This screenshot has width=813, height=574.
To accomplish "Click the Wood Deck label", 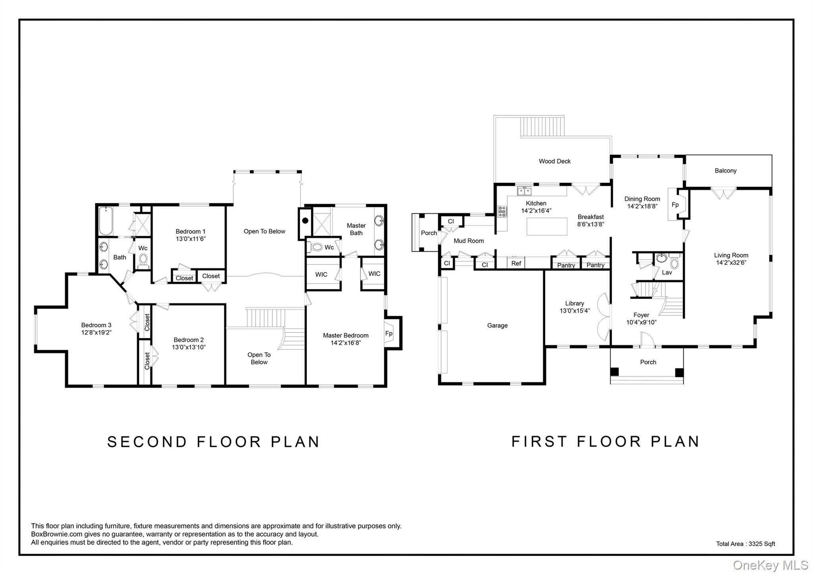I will [554, 161].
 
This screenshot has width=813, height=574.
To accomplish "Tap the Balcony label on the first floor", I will [725, 171].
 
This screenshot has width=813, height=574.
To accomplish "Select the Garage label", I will [497, 325].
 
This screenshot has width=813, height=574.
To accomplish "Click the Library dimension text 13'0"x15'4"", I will [574, 311].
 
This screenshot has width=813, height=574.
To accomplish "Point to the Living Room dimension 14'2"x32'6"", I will [731, 262].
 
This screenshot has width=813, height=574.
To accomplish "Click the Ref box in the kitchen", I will [516, 263].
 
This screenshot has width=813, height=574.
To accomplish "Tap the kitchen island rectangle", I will [547, 226].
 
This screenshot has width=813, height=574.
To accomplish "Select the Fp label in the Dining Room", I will [675, 205].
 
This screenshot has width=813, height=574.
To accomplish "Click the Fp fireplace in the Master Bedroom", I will [389, 333].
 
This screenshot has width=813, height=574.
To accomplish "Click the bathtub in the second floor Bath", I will [106, 221].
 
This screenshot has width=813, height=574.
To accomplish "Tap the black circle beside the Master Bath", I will [305, 220].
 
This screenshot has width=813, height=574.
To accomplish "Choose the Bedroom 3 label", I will [96, 325].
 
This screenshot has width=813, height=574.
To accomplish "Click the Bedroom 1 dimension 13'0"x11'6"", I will [191, 239].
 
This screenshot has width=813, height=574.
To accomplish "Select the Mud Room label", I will [468, 241].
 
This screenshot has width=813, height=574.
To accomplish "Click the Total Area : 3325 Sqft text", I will [745, 544].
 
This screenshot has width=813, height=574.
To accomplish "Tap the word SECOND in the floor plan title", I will [147, 442].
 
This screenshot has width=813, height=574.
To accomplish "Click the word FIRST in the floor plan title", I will [539, 442].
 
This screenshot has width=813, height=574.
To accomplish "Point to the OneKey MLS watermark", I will [770, 565].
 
